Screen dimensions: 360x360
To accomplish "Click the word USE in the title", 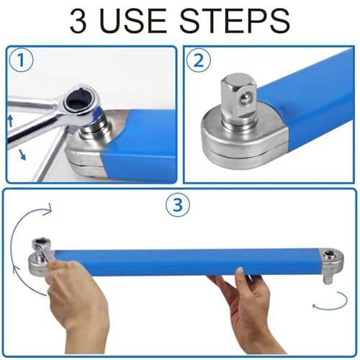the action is tap(132, 21).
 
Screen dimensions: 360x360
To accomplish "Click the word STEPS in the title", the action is tap(235, 21).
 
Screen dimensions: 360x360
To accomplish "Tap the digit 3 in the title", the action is tap(78, 21).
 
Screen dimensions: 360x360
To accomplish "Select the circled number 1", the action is tap(21, 60).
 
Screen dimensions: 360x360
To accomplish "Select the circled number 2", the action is tap(199, 60).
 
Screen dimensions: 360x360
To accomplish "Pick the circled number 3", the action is tap(178, 205).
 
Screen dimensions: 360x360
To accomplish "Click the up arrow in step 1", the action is tap(10, 121).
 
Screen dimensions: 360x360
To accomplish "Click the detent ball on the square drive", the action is tap(246, 98).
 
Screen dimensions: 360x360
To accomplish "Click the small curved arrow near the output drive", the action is tap(330, 302).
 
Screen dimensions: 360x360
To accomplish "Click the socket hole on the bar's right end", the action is tap(328, 254).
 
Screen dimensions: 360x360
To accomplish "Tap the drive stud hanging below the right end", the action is tap(328, 279).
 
